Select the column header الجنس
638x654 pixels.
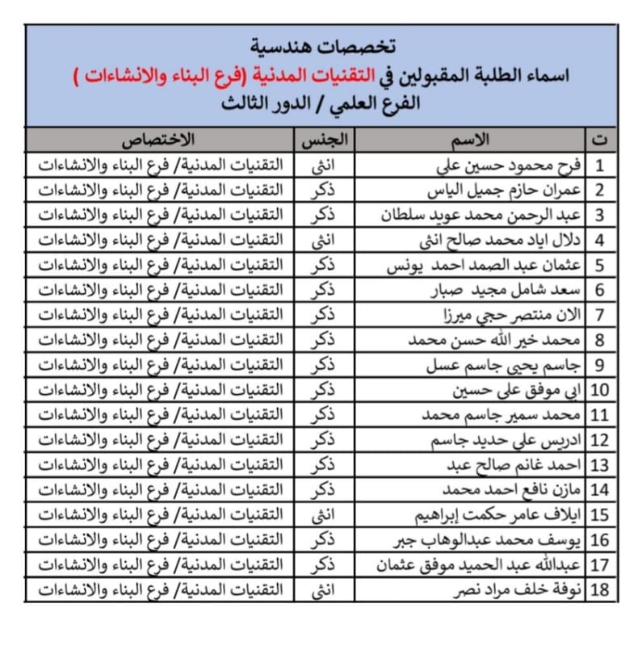coord(325,139)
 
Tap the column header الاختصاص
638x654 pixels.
coord(159,139)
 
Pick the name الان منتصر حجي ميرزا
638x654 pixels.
coord(514,315)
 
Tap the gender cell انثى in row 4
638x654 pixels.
coord(325,240)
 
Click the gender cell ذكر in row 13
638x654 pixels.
coord(325,465)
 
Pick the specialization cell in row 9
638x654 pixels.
coord(159,365)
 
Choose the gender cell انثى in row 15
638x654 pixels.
coord(325,515)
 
